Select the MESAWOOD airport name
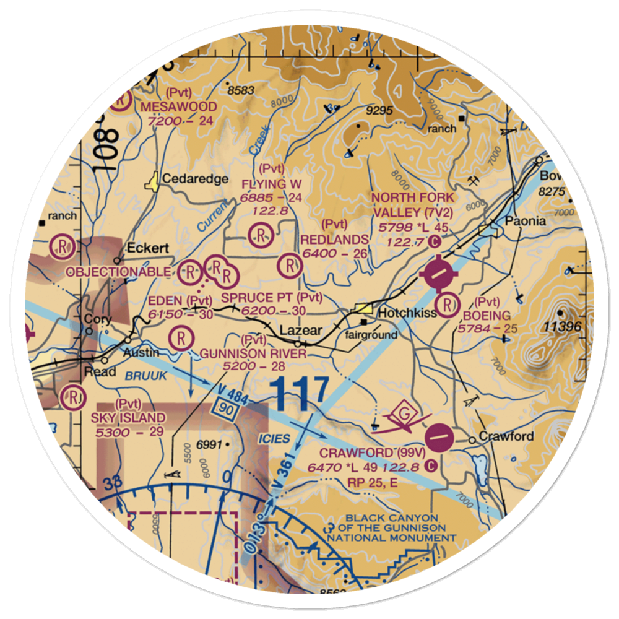point(178,106)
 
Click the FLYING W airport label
point(272,184)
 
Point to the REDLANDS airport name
point(334,239)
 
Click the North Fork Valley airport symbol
point(438,272)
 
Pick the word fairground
point(371,335)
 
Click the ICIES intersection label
point(274,438)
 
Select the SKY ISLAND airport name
point(128,418)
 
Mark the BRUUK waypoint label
point(144,376)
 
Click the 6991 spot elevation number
point(210,444)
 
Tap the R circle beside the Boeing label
point(447,304)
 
